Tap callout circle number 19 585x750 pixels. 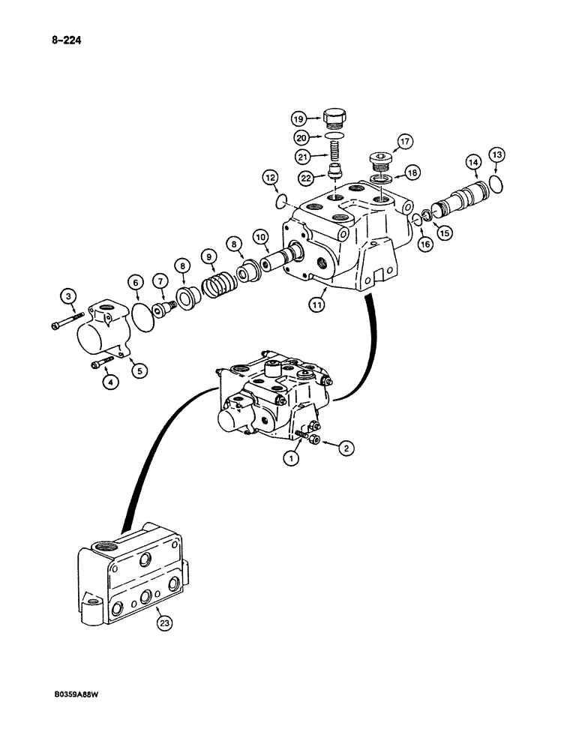(x=297, y=118)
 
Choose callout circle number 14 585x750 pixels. (x=472, y=161)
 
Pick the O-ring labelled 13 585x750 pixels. (x=495, y=182)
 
